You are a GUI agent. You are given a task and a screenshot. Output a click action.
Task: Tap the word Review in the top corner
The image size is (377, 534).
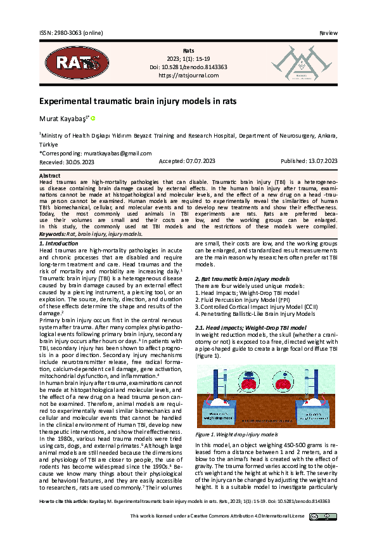pyautogui.click(x=328, y=32)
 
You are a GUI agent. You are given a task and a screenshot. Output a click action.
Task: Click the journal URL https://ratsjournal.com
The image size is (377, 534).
pyautogui.click(x=188, y=75)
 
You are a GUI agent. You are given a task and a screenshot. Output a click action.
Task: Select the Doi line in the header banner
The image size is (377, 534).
pyautogui.click(x=188, y=66)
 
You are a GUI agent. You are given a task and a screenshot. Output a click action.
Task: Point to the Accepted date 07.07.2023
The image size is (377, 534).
pyautogui.click(x=188, y=162)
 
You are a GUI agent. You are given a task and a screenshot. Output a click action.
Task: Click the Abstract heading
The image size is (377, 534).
pyautogui.click(x=50, y=174)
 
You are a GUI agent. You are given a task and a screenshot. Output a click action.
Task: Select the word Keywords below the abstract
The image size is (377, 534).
pyautogui.click(x=53, y=234)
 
